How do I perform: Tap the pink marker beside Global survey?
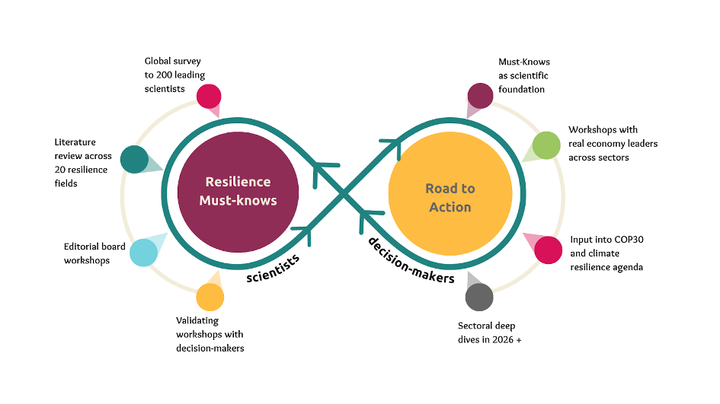coord(208,97)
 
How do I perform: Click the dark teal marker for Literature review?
coord(135,159)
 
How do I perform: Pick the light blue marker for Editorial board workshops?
coord(143,252)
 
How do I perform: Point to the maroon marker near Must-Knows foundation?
coord(481,96)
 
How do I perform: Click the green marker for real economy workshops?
coord(546,145)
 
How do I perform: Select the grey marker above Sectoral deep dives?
coord(479,297)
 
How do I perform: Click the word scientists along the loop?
coord(272,267)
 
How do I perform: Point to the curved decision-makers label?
coord(411,260)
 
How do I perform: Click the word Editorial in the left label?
coord(81,247)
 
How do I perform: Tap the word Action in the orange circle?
coord(450,207)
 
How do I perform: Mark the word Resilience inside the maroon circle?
coord(238,182)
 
